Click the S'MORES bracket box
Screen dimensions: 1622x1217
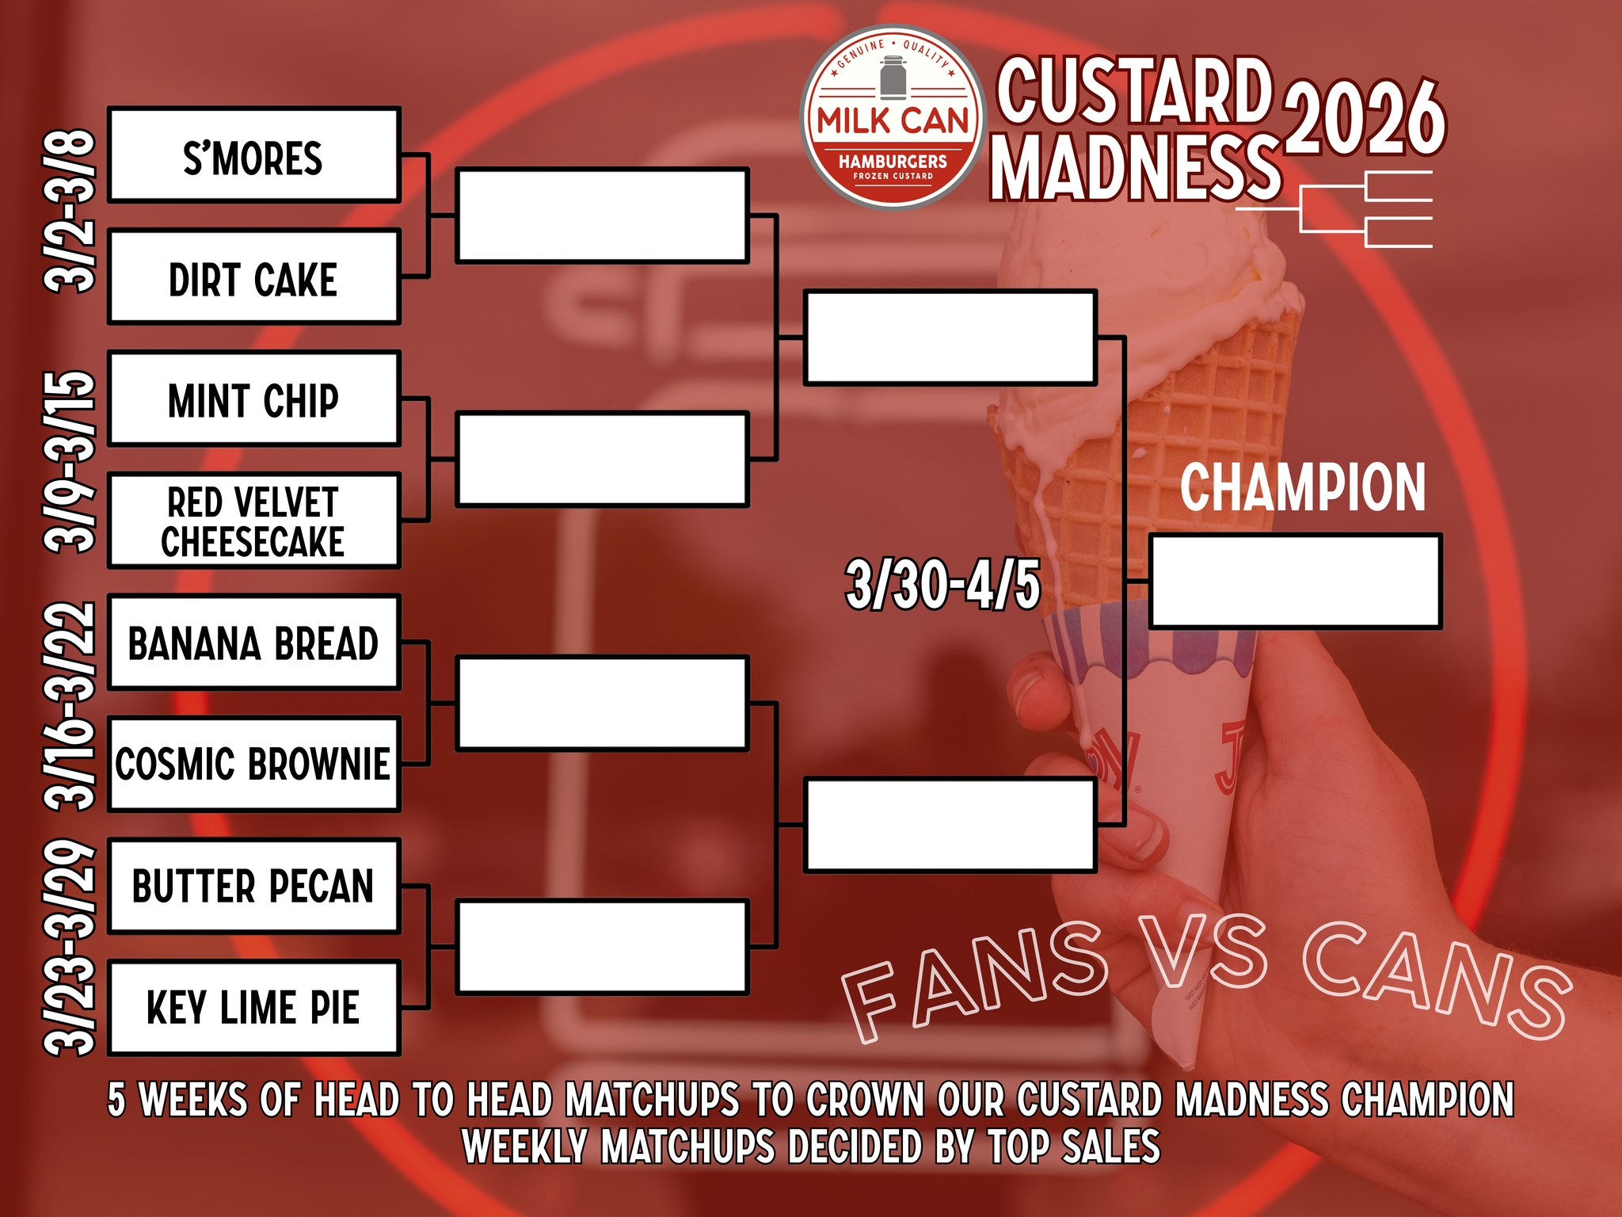click(253, 155)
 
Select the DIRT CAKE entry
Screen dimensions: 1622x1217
click(253, 277)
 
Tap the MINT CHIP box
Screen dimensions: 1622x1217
click(253, 399)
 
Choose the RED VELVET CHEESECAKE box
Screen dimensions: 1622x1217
click(253, 521)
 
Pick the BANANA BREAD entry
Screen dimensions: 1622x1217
click(253, 643)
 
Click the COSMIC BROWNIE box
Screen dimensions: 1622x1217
click(253, 765)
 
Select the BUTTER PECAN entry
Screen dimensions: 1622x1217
click(253, 887)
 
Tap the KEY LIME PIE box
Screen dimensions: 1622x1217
click(253, 1009)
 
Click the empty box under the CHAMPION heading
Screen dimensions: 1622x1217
click(1295, 582)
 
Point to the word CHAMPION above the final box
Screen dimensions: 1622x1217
click(1303, 487)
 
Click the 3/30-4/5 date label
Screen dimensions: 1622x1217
click(942, 585)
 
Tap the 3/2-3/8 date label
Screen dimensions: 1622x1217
click(71, 211)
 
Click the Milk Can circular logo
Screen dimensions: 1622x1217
click(893, 117)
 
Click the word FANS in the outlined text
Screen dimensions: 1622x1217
click(974, 982)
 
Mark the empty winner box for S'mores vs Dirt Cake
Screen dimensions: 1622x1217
click(602, 216)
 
